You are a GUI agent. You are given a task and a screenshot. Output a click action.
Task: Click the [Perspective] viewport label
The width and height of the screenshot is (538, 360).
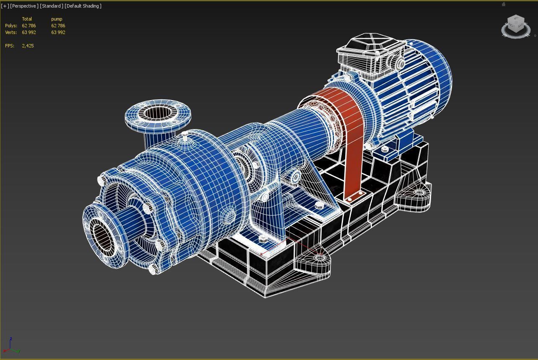[x=24, y=6]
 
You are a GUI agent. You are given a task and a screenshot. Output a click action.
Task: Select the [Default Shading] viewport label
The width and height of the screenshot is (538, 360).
[x=83, y=6]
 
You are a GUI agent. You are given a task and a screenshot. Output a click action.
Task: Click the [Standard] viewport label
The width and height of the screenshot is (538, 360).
[x=52, y=6]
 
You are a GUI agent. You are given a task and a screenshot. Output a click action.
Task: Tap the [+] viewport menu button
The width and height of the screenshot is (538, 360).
[x=5, y=6]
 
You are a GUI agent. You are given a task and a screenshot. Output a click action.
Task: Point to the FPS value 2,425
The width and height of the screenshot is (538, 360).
[x=28, y=46]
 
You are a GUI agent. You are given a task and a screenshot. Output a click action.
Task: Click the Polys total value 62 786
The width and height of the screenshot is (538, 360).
[x=29, y=26]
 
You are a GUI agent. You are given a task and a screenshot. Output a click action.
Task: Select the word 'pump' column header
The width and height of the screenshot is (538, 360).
[x=57, y=19]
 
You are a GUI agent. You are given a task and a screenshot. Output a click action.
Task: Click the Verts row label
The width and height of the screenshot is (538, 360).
[x=11, y=32]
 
